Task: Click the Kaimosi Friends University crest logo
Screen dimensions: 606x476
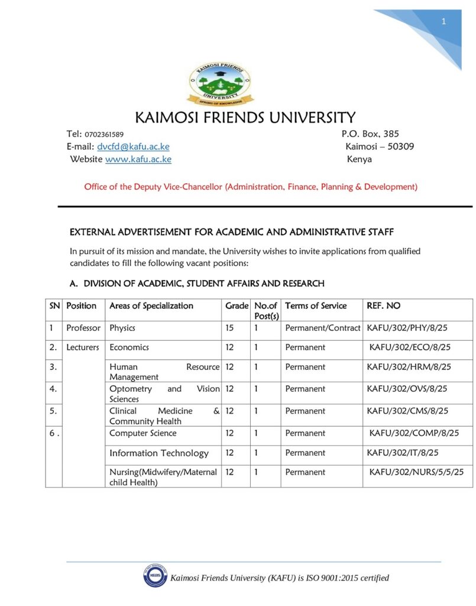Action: click(219, 83)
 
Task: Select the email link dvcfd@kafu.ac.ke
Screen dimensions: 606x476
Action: click(133, 147)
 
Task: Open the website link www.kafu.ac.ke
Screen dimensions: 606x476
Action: click(138, 159)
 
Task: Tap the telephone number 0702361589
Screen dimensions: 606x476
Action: click(104, 134)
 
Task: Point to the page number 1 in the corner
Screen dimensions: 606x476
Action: click(443, 22)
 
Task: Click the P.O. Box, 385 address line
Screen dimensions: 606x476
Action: click(370, 134)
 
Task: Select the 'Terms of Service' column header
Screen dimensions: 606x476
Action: click(316, 306)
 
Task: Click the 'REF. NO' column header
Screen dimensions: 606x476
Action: click(384, 306)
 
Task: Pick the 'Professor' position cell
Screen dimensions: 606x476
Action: click(83, 328)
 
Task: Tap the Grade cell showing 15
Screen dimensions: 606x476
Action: click(230, 328)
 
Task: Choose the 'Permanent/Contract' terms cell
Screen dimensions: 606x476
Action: click(322, 328)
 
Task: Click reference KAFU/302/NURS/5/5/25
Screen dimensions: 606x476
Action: click(416, 472)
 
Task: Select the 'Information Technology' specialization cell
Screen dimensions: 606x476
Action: click(159, 453)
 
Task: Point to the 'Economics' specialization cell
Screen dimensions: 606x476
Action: click(129, 347)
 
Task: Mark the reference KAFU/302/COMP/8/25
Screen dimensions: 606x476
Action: click(414, 433)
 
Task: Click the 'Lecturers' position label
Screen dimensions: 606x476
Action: click(83, 347)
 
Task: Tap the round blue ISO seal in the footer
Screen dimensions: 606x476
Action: click(154, 576)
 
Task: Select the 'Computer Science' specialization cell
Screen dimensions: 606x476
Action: click(143, 433)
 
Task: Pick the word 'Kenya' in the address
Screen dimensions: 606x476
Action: click(359, 159)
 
